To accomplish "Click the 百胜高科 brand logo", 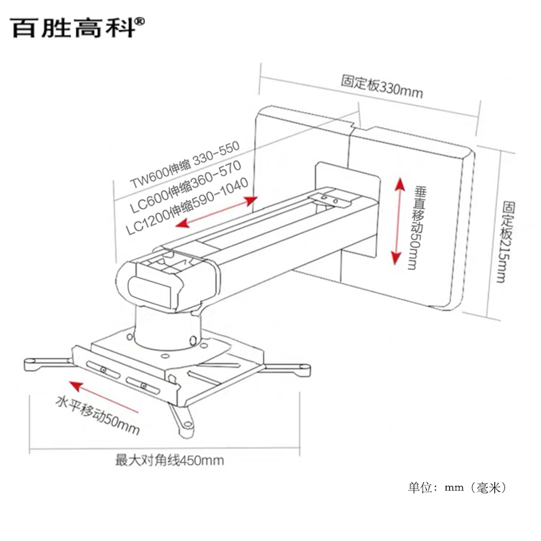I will tap(74, 27).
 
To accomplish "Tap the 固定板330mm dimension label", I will tap(381, 86).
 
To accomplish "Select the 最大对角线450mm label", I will tap(169, 461).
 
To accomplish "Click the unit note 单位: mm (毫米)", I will tap(456, 487).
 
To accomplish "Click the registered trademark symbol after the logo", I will tap(140, 21).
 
